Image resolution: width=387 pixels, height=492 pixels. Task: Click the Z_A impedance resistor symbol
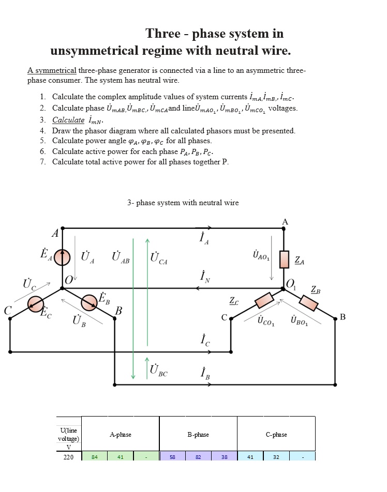(284, 259)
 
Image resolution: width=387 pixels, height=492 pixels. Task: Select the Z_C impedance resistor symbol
(264, 300)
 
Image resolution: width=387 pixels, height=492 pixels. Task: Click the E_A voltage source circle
(63, 256)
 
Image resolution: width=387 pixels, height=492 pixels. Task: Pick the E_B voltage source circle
(89, 302)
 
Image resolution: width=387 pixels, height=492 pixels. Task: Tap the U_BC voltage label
(158, 370)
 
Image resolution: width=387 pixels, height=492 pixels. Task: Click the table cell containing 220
(68, 457)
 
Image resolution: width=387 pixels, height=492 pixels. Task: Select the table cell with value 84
(94, 457)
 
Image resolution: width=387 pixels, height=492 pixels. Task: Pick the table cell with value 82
(198, 457)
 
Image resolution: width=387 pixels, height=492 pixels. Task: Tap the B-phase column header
(198, 435)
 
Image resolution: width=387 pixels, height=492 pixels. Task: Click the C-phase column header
(276, 435)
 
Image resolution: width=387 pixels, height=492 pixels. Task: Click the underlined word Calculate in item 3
(68, 120)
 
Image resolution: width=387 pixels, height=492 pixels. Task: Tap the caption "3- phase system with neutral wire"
(183, 203)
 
